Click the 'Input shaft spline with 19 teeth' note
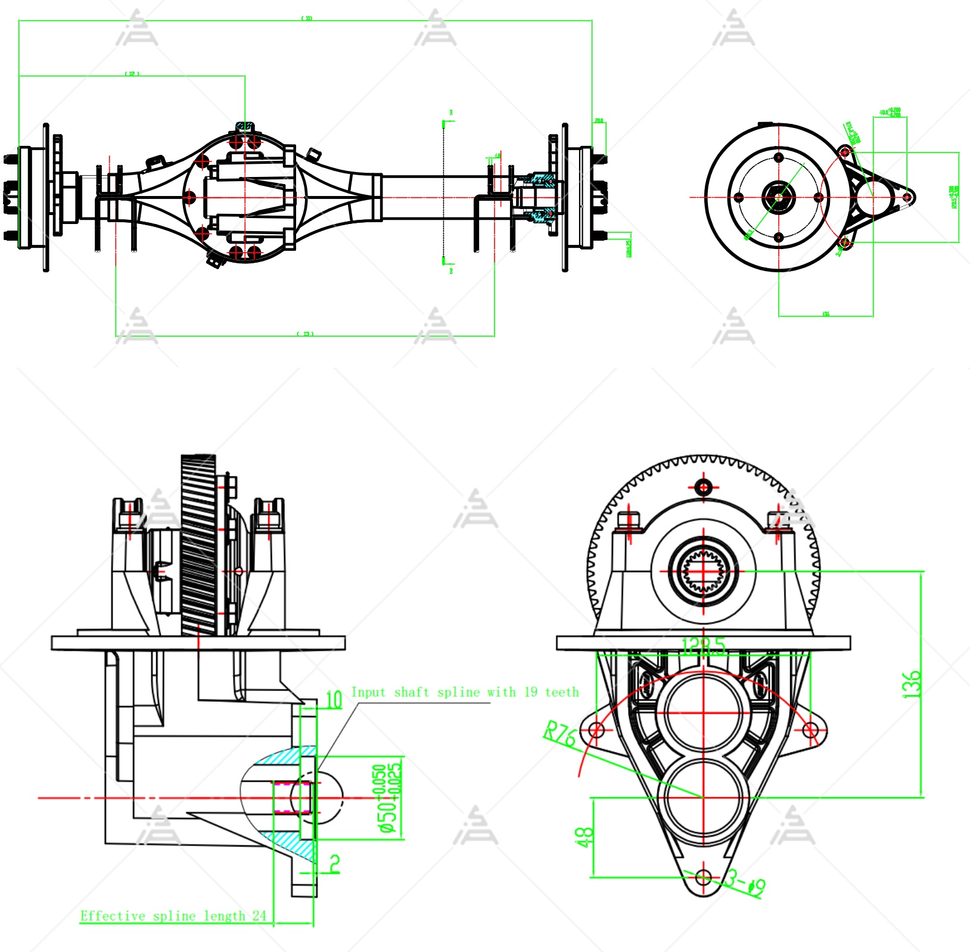[465, 692]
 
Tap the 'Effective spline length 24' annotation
[173, 916]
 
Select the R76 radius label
[559, 734]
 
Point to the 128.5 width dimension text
[704, 646]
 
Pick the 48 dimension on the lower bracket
[585, 838]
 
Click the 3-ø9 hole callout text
[745, 883]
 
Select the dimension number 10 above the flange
[334, 699]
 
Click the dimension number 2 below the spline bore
[335, 864]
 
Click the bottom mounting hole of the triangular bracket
[704, 877]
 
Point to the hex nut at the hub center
[779, 197]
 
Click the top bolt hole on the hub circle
[779, 157]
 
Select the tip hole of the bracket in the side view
[907, 197]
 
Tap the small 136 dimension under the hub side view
[825, 314]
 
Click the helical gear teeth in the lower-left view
[198, 545]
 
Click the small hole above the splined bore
[704, 487]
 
